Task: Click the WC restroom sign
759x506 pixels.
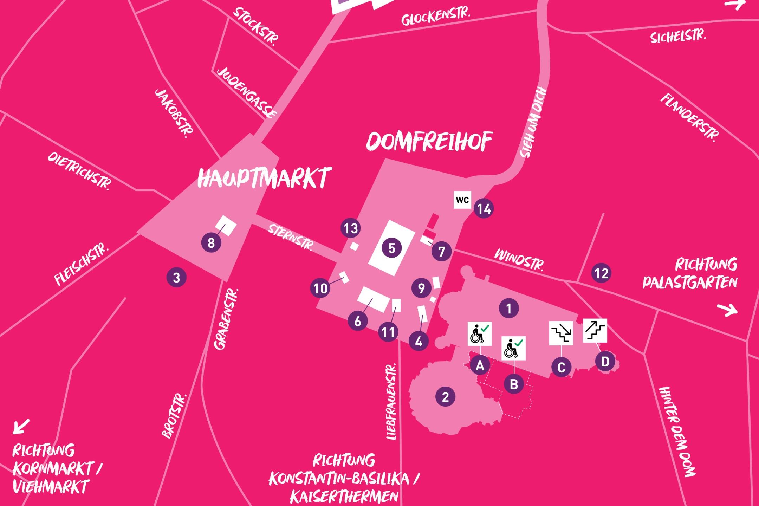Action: pyautogui.click(x=462, y=200)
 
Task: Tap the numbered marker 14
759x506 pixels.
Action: pyautogui.click(x=484, y=209)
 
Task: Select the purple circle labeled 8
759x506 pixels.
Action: pyautogui.click(x=211, y=242)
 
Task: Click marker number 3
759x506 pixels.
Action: pyautogui.click(x=176, y=278)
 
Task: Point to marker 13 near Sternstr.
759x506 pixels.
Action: pyautogui.click(x=351, y=228)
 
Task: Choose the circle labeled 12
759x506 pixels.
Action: pyautogui.click(x=601, y=273)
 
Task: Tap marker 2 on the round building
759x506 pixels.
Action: pyautogui.click(x=445, y=397)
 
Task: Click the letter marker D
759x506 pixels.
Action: pyautogui.click(x=605, y=361)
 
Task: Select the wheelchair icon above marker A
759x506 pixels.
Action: pyautogui.click(x=480, y=334)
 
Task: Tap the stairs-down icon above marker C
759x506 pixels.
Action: pyautogui.click(x=561, y=333)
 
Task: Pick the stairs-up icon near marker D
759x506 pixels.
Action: pyautogui.click(x=595, y=331)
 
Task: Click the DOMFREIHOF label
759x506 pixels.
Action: pyautogui.click(x=429, y=142)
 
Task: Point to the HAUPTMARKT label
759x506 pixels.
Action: pyautogui.click(x=264, y=177)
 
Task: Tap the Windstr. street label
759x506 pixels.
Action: pyautogui.click(x=519, y=260)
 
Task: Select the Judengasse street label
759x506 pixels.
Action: pyautogui.click(x=247, y=93)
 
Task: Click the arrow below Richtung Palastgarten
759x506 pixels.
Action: pyautogui.click(x=727, y=310)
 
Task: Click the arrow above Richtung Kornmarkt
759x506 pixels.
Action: pyautogui.click(x=21, y=426)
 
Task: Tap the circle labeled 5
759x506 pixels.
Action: pyautogui.click(x=391, y=248)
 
